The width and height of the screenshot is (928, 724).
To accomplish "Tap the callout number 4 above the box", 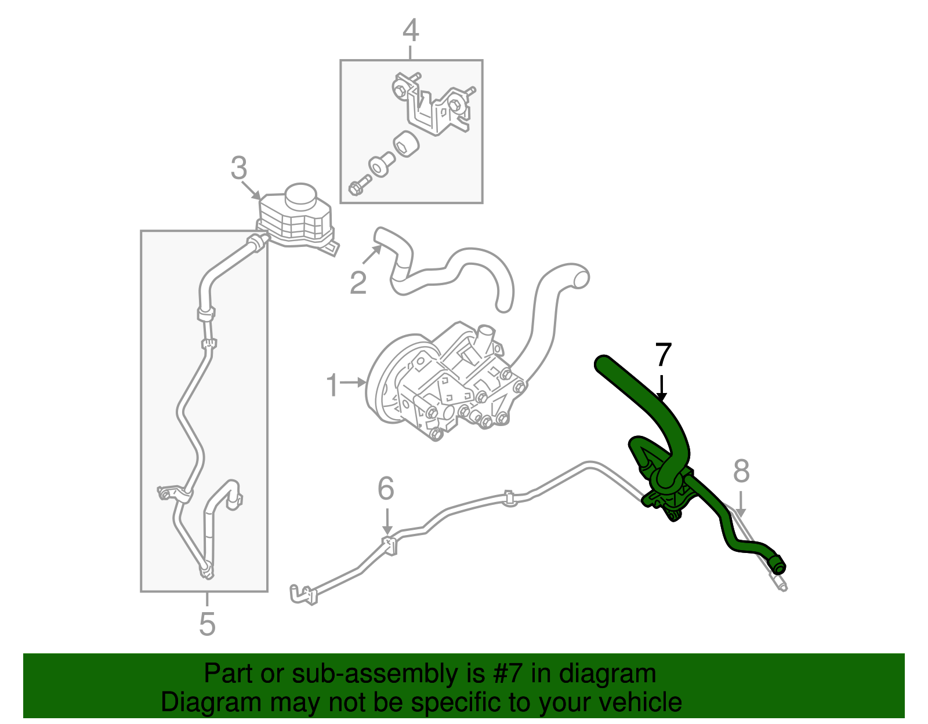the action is pos(411,31).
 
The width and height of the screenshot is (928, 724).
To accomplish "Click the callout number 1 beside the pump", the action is pos(332,385).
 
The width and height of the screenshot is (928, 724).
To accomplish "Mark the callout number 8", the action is pos(741,471).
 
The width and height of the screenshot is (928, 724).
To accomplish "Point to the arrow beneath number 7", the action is pos(662,388).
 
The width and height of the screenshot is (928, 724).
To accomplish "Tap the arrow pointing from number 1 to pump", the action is pos(353,382).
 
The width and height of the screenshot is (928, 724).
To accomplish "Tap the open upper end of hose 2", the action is pos(379,236).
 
